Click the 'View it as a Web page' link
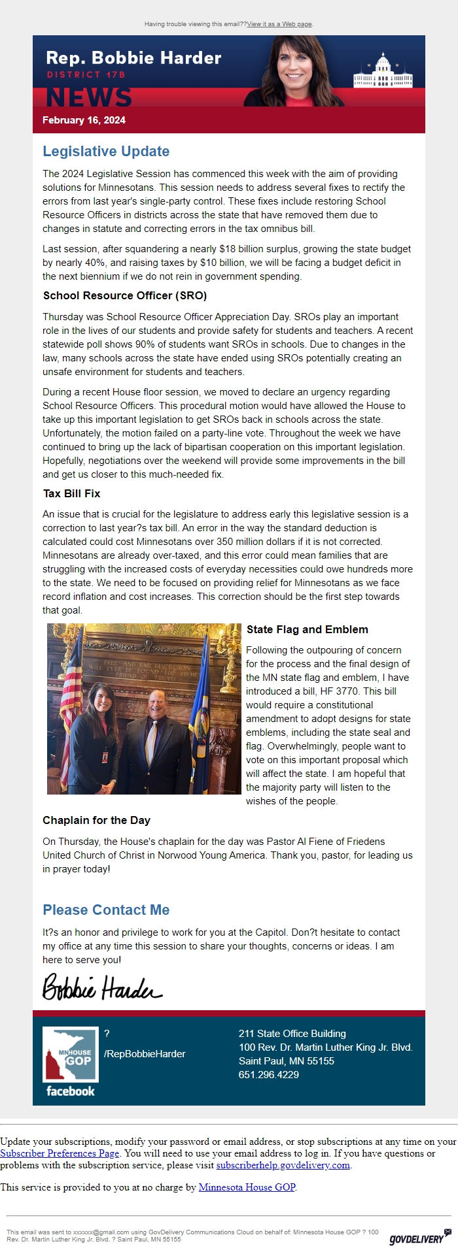(279, 24)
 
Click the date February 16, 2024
(84, 120)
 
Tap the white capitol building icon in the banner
(383, 73)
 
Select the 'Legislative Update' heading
(106, 152)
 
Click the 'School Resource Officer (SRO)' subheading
(125, 296)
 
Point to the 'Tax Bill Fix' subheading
(71, 494)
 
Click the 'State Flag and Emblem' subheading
(307, 630)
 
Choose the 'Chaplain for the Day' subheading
(96, 821)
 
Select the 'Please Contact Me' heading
(106, 910)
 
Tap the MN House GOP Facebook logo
(70, 1062)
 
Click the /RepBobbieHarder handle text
(145, 1054)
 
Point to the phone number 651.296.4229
(269, 1075)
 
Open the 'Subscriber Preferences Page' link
(60, 1153)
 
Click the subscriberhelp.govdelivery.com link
(283, 1165)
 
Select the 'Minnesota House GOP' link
(247, 1187)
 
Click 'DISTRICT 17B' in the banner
(86, 74)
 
